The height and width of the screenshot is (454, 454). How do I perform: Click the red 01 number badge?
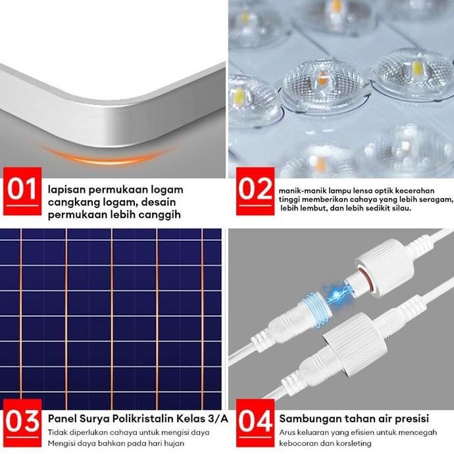coord(22,190)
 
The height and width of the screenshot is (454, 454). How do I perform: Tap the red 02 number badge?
coord(255,190)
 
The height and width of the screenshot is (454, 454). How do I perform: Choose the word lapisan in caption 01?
coord(67,189)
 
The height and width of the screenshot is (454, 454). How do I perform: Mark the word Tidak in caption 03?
coord(58,432)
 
